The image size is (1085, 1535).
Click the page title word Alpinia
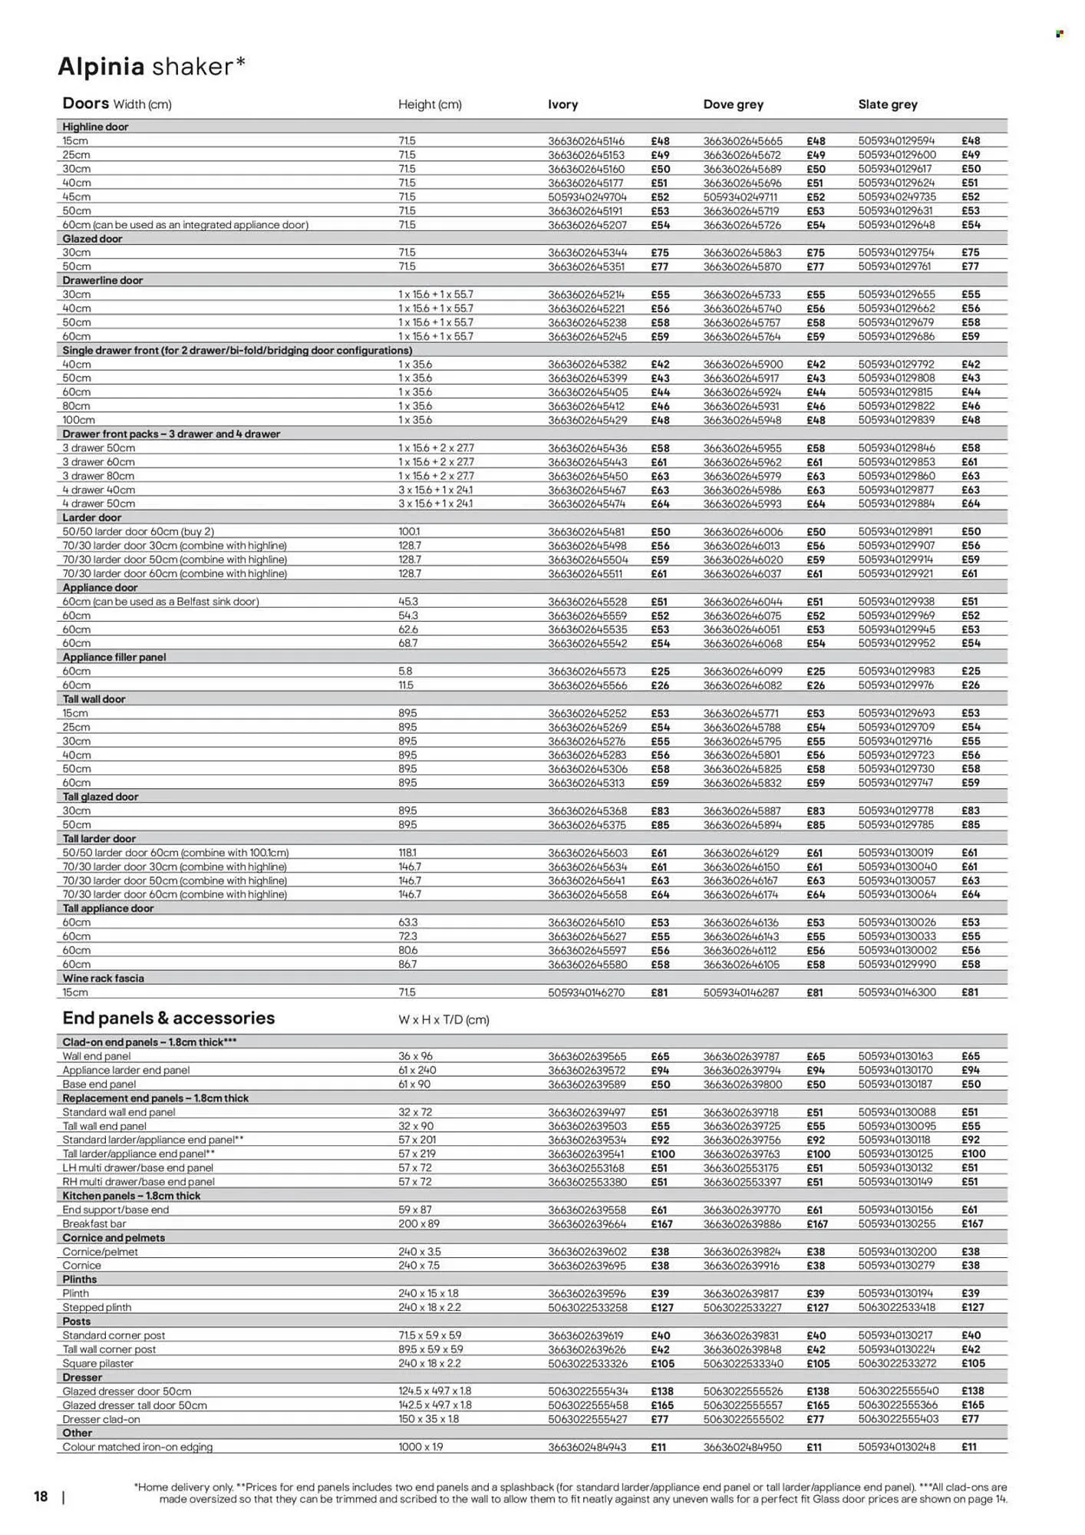(101, 68)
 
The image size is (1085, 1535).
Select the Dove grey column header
(733, 104)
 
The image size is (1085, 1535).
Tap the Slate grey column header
(887, 104)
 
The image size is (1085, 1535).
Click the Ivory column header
(562, 104)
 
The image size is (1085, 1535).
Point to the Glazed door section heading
(92, 239)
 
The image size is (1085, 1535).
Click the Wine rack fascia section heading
(103, 979)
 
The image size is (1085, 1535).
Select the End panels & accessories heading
(168, 1018)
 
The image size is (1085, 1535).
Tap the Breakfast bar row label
(94, 1224)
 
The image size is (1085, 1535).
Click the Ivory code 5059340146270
(586, 992)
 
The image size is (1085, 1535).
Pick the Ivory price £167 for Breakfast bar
(661, 1224)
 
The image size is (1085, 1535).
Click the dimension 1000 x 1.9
(420, 1447)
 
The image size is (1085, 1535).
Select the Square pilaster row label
(97, 1363)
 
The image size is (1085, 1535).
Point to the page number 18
(41, 1497)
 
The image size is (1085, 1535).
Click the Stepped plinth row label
(97, 1307)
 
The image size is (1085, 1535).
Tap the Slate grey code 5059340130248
(896, 1447)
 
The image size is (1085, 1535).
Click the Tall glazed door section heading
(100, 797)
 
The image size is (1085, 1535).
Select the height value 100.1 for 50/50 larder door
(409, 532)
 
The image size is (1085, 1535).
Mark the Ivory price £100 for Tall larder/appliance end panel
(662, 1154)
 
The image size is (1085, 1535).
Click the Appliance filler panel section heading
(114, 657)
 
